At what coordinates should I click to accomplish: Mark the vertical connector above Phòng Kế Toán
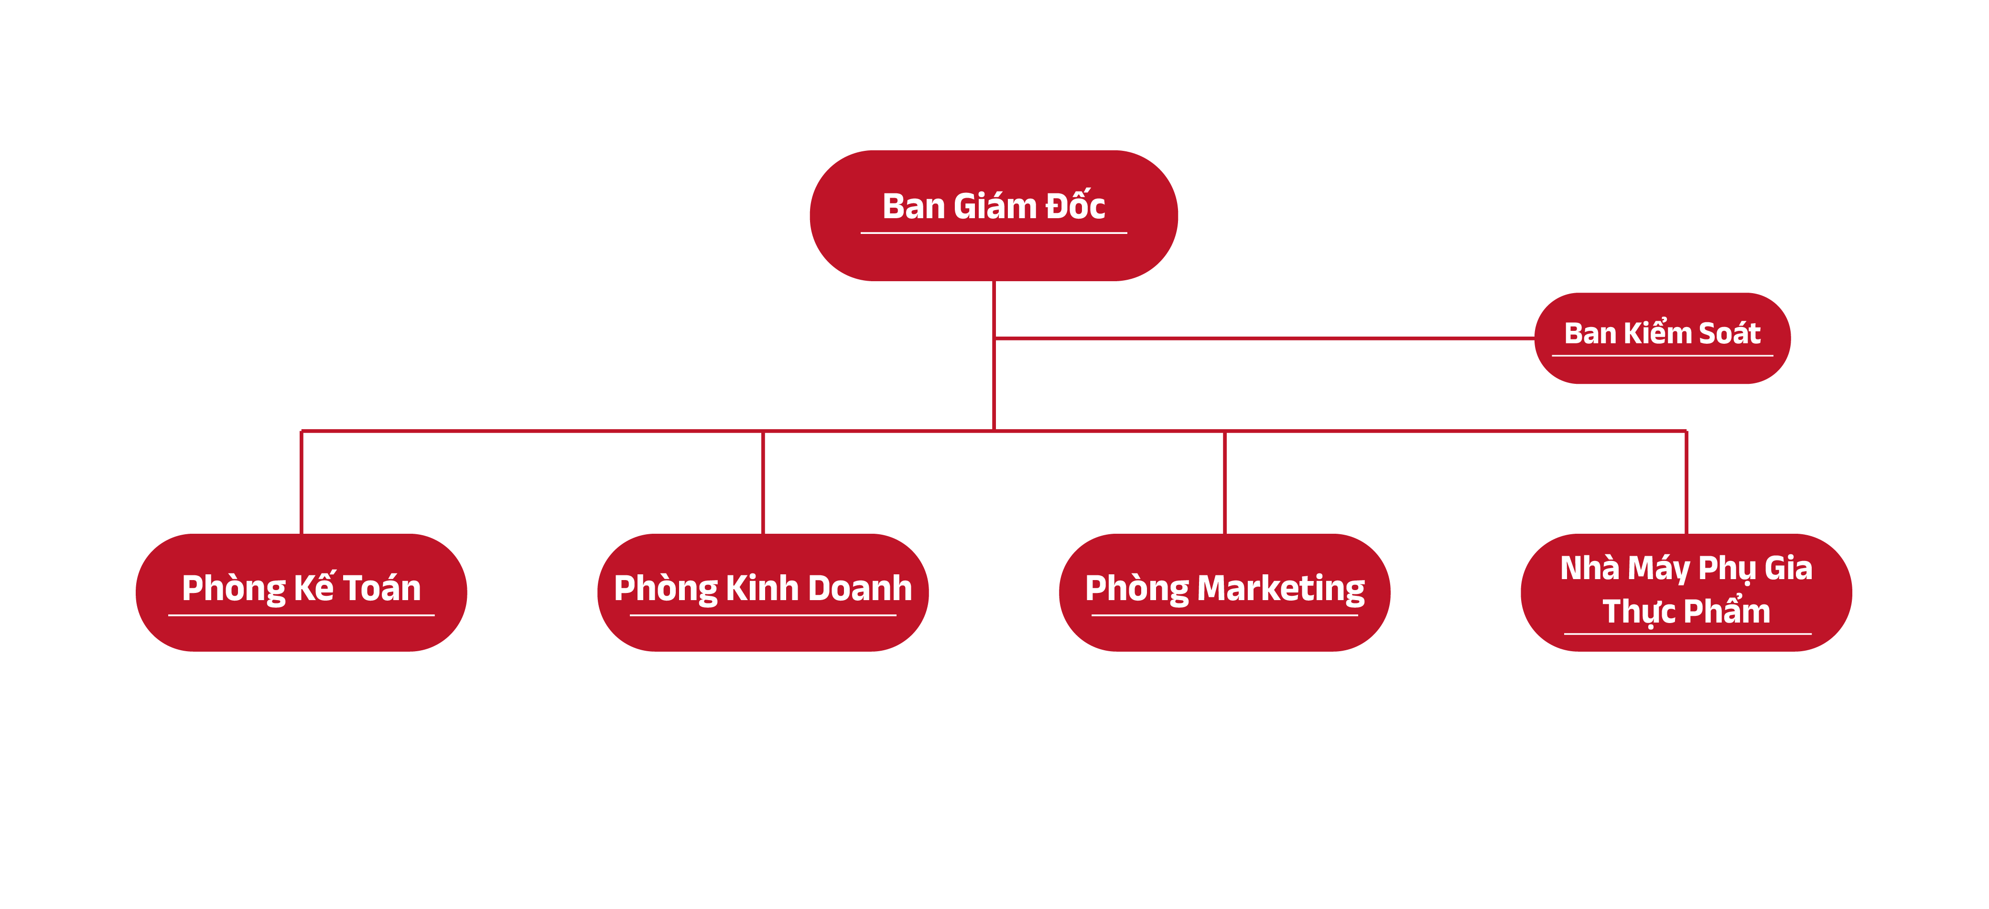[301, 482]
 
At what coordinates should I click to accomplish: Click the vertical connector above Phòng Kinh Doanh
[763, 482]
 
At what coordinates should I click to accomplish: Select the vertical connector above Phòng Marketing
[1224, 482]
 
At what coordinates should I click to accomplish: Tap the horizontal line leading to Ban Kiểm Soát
[1266, 338]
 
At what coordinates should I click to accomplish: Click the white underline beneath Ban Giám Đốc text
[994, 233]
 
